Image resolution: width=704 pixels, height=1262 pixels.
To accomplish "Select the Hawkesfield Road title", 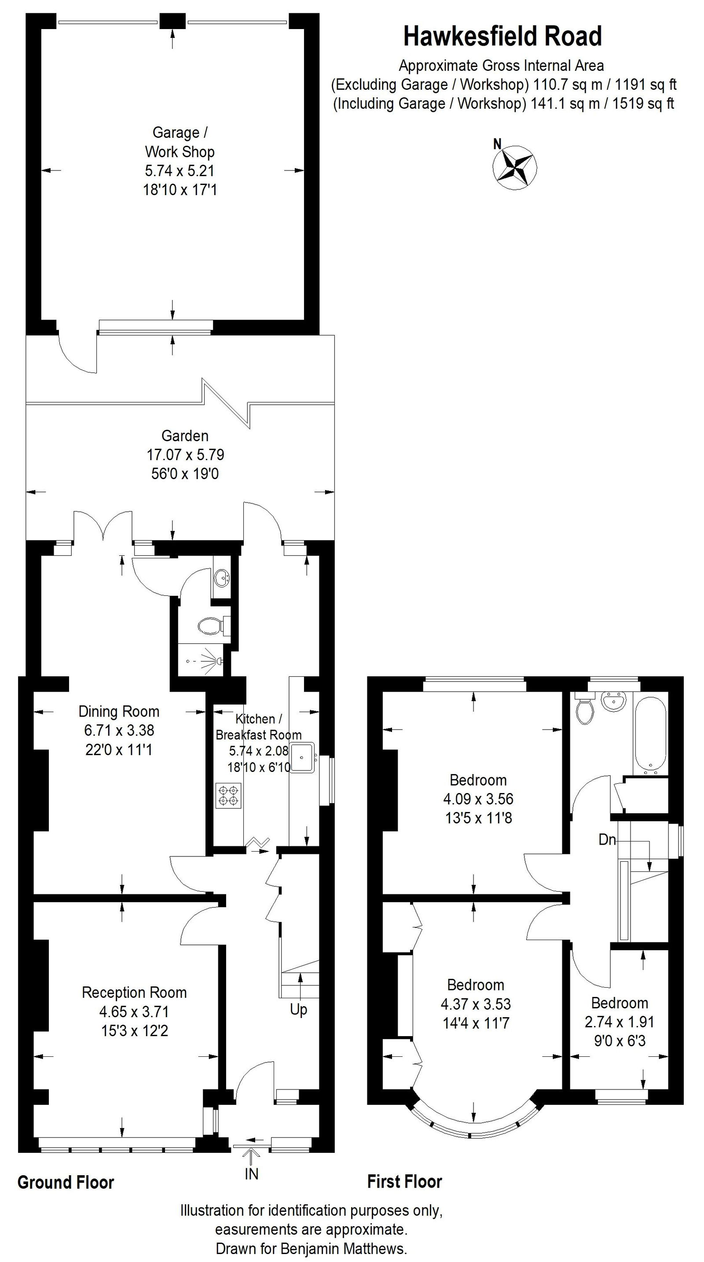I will coord(502,37).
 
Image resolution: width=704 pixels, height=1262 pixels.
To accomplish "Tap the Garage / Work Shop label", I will coord(180,142).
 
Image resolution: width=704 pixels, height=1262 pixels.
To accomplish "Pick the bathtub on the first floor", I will coord(650,734).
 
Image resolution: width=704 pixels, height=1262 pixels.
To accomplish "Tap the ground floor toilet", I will coord(210,625).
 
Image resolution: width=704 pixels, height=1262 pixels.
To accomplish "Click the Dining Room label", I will coord(119,711).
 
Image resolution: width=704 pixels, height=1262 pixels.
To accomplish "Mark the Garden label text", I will coord(185,435).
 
